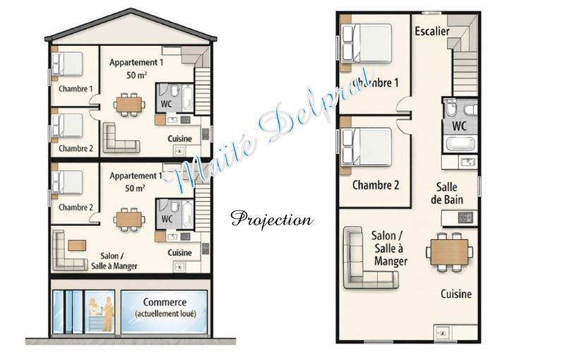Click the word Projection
coord(271,220)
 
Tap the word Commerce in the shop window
coord(165,302)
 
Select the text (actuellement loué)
coord(165,314)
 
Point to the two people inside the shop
coord(100,313)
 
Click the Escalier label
coord(432,31)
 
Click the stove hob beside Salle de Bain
coord(465,218)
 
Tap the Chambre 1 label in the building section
coord(76,89)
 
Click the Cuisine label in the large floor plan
coord(456,294)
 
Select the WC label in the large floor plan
coord(459,126)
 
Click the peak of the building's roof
coord(130,10)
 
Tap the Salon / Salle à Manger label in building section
coord(114,261)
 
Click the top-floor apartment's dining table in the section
coord(129,104)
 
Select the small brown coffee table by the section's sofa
coord(77,245)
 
